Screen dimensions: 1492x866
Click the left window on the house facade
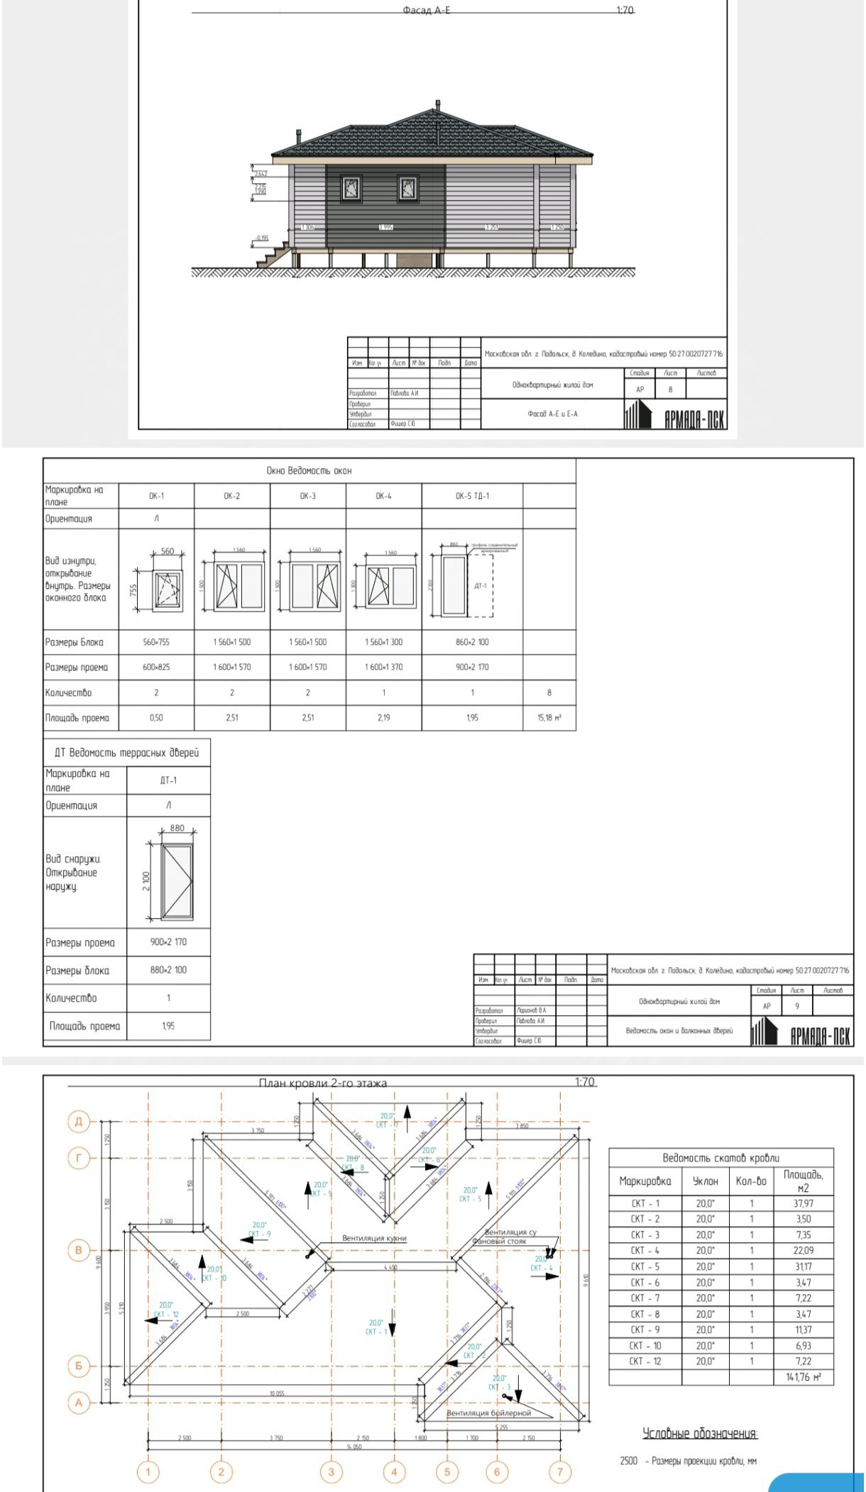(351, 188)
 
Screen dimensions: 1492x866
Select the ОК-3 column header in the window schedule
(307, 496)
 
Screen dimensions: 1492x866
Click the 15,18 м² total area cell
(549, 717)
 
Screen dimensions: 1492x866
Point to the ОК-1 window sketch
(168, 587)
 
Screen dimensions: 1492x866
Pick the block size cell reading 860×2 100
(472, 642)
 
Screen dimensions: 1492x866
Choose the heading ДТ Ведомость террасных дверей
(126, 753)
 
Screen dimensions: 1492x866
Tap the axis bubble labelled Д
(79, 1122)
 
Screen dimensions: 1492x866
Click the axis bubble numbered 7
(559, 1471)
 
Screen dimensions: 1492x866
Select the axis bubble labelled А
(79, 1403)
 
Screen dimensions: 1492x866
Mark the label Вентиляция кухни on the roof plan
(374, 1238)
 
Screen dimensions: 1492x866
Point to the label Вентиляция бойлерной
(488, 1413)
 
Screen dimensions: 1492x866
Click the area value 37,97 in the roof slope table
(803, 1203)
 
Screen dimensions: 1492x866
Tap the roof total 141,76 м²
(804, 1377)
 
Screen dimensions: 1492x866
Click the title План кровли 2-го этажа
(322, 1083)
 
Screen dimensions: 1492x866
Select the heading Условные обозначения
(700, 1434)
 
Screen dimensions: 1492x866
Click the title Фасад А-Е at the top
(426, 11)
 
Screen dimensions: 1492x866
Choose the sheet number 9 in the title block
(797, 1006)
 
